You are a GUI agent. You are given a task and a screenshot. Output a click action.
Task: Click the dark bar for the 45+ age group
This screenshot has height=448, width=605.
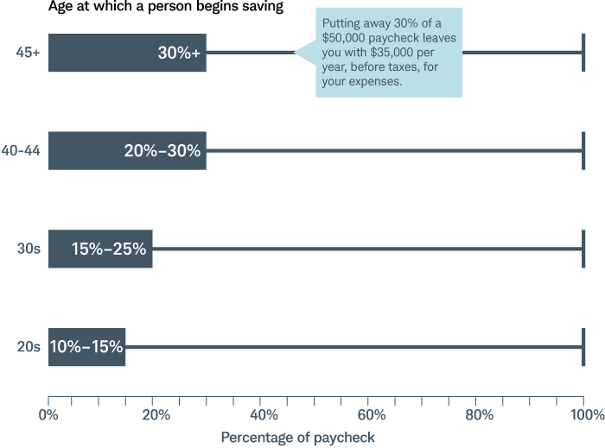[x=127, y=53]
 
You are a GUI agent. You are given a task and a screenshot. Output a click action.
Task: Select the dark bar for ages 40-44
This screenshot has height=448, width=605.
[x=127, y=150]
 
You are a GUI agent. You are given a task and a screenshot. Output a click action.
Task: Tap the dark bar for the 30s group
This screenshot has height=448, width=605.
[x=100, y=249]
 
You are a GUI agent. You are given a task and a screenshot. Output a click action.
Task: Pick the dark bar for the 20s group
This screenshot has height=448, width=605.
[x=86, y=347]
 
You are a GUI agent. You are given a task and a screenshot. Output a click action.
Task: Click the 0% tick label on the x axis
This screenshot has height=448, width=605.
[x=49, y=415]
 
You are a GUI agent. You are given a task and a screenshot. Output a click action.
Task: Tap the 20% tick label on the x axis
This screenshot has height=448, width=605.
[x=156, y=415]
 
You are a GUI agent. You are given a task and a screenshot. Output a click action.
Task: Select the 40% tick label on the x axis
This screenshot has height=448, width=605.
[x=263, y=415]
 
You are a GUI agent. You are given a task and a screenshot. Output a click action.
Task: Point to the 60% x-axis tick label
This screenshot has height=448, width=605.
[x=370, y=415]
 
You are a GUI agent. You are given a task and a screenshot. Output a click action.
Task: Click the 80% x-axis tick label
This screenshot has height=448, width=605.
[x=477, y=415]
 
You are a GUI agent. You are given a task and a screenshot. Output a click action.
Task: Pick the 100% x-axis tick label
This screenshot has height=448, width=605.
[x=584, y=415]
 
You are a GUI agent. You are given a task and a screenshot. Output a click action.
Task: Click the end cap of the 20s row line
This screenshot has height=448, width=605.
[x=583, y=347]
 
